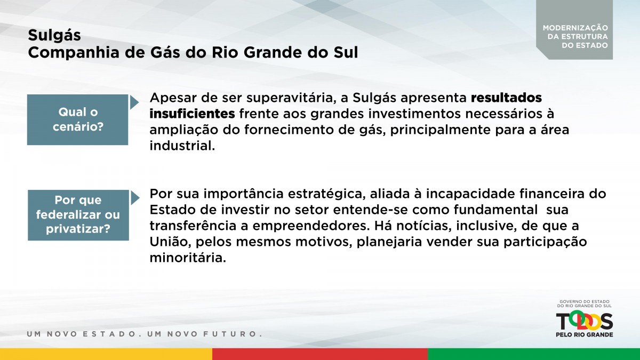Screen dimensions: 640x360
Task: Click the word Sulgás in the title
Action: pos(54,36)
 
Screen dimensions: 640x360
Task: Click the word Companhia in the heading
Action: pos(74,53)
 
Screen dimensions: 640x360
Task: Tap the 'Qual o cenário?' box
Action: pos(78,119)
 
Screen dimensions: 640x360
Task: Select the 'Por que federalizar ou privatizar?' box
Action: pos(78,215)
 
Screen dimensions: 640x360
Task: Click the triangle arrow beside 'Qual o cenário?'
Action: pos(134,102)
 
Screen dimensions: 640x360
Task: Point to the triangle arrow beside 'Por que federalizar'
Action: pos(135,198)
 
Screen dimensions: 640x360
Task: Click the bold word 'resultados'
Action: pos(506,98)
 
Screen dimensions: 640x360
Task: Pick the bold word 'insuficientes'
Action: pos(193,114)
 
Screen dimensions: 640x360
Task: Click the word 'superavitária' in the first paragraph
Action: pos(290,98)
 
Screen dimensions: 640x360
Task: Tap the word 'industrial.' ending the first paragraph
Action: pos(182,146)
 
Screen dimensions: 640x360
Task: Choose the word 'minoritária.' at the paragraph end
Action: pos(188,258)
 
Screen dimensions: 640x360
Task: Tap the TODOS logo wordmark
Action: pos(585,321)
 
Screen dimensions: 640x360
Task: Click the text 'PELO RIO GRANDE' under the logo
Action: pos(585,334)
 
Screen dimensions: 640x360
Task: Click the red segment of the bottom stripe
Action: pos(320,354)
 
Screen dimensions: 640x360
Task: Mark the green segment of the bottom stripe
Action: pos(534,354)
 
